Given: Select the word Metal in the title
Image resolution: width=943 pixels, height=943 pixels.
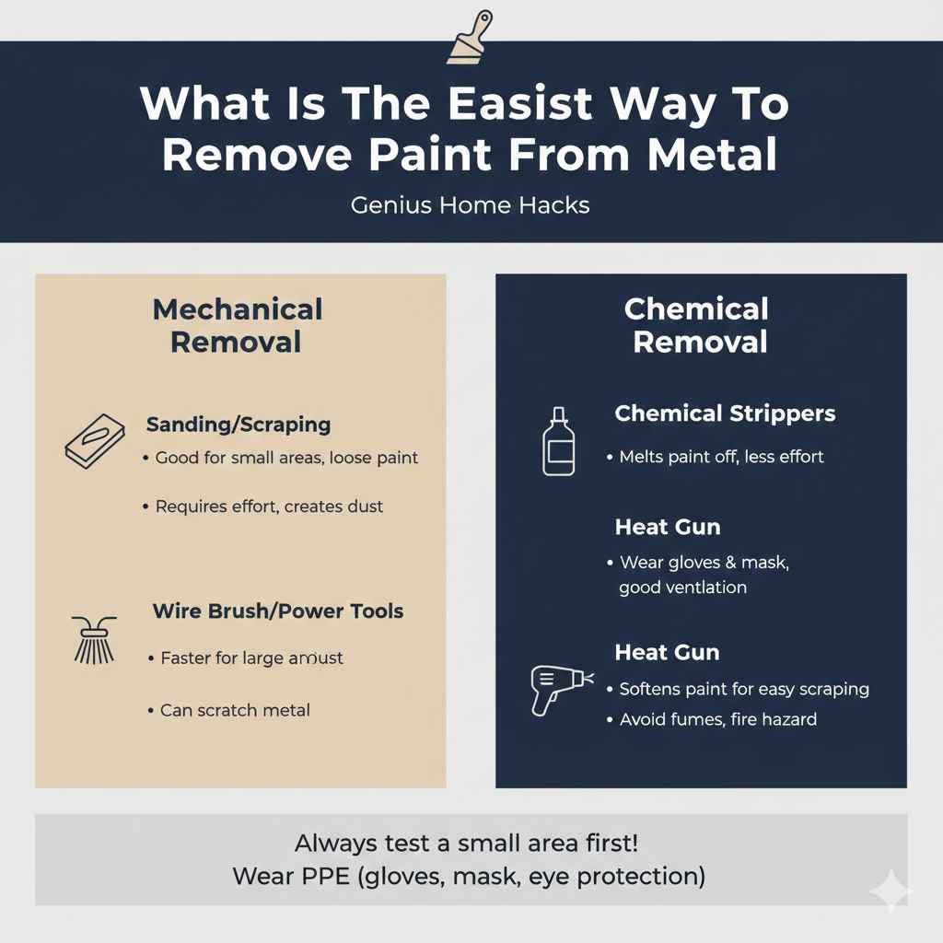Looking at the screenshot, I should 712,155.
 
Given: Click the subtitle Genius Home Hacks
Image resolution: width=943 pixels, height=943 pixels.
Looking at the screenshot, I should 471,204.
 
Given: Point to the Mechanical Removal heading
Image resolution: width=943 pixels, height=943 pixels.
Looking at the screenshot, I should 237,325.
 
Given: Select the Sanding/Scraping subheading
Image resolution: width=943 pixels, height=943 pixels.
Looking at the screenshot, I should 238,425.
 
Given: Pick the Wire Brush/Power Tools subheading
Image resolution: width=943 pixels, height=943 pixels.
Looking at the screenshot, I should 277,611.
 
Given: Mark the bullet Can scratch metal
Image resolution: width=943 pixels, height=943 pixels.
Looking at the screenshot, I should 235,710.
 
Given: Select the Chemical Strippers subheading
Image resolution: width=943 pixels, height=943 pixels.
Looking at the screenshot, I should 725,413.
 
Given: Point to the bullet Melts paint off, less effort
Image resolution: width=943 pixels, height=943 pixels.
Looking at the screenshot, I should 721,457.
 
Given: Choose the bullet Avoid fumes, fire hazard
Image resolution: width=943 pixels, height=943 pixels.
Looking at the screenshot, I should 717,719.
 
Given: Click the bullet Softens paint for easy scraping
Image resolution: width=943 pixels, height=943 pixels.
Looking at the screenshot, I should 744,689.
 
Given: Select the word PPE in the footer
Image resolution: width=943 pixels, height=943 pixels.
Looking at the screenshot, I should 323,875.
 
